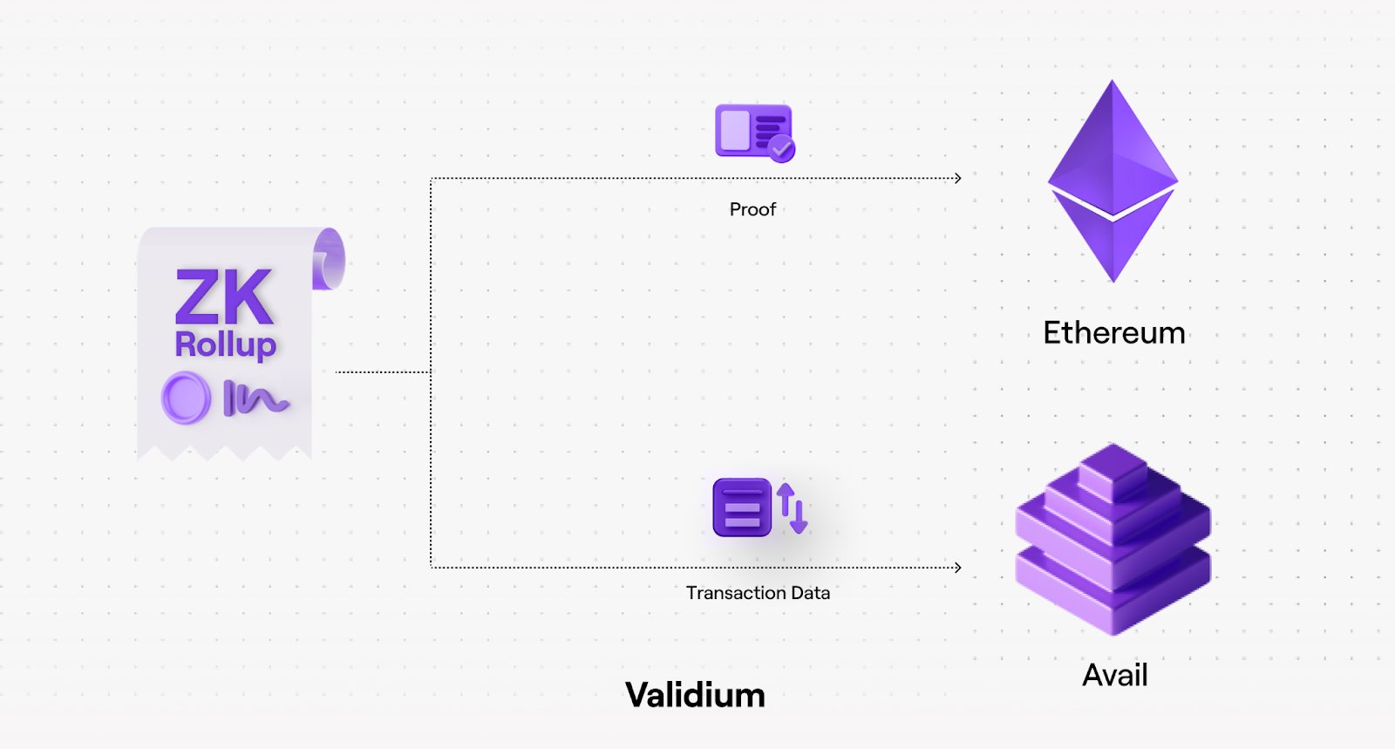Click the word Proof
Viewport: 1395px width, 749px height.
click(x=752, y=209)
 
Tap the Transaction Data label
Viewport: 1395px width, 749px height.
click(x=758, y=593)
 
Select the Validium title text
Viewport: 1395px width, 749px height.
click(x=695, y=695)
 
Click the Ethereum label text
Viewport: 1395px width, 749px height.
click(x=1113, y=333)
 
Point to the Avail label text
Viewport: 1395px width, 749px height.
click(x=1114, y=675)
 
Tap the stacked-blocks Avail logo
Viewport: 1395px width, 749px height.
click(x=1113, y=541)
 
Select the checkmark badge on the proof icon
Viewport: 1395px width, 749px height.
click(x=782, y=149)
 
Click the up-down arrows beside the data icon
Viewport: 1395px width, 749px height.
click(x=793, y=507)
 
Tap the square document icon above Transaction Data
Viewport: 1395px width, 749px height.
click(x=742, y=507)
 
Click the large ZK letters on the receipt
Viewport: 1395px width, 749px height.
click(x=224, y=297)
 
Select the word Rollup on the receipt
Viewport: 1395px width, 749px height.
click(x=225, y=344)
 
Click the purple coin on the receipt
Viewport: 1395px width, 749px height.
click(x=186, y=398)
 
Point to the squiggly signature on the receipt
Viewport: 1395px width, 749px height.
click(x=256, y=398)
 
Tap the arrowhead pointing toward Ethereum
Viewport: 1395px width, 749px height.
click(x=957, y=179)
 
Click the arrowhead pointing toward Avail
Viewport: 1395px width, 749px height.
click(x=957, y=568)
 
